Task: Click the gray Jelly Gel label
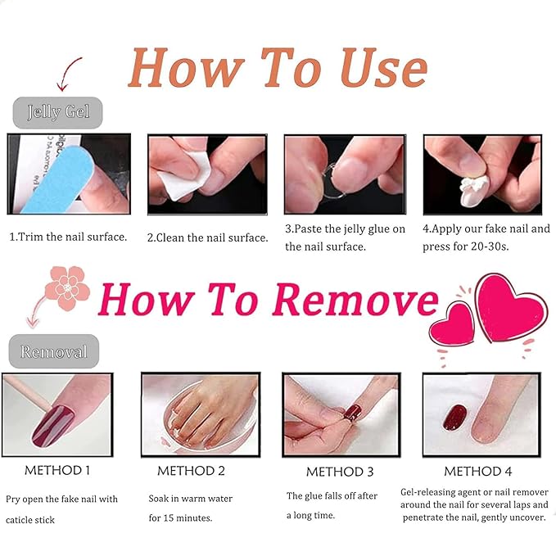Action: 58,112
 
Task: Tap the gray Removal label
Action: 54,351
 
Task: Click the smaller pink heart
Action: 452,326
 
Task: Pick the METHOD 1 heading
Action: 57,470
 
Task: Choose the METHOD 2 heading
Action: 191,471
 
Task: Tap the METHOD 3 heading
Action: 340,472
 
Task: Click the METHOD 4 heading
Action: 478,471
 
